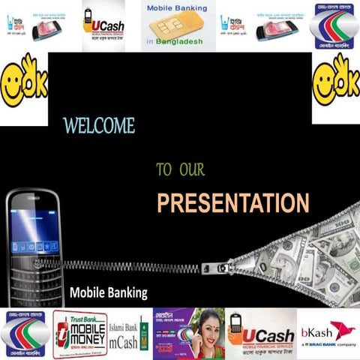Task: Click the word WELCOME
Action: coord(99,125)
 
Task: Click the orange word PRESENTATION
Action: coord(232,202)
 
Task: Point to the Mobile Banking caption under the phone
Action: coord(109,292)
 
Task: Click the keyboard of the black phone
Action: coord(34,274)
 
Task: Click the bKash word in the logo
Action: coord(313,331)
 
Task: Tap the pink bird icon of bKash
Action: coord(343,329)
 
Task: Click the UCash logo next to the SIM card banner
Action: coord(103,25)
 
